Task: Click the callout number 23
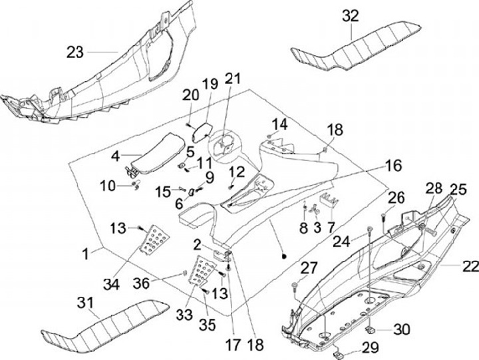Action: (x=75, y=53)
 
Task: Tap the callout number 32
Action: (x=350, y=16)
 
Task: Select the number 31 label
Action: (x=85, y=303)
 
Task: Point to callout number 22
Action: (x=471, y=266)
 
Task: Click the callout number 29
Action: (x=371, y=348)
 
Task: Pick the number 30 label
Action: (x=402, y=329)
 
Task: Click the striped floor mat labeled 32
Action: (x=356, y=46)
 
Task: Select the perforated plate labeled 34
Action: (x=154, y=240)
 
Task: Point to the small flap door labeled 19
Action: (x=202, y=132)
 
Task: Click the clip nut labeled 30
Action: (x=371, y=330)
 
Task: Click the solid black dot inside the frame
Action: (x=284, y=256)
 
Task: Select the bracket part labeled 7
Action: (x=329, y=200)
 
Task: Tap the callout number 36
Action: (x=142, y=283)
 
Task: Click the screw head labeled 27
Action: (x=295, y=285)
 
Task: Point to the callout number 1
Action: (x=86, y=254)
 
